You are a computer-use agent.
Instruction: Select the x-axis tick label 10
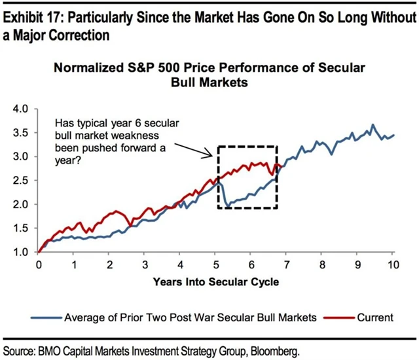click(393, 265)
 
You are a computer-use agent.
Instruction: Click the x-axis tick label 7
click(287, 265)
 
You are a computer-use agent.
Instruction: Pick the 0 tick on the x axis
click(39, 265)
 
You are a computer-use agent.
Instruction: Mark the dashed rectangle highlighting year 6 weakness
click(248, 147)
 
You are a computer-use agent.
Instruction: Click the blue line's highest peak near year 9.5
click(373, 124)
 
